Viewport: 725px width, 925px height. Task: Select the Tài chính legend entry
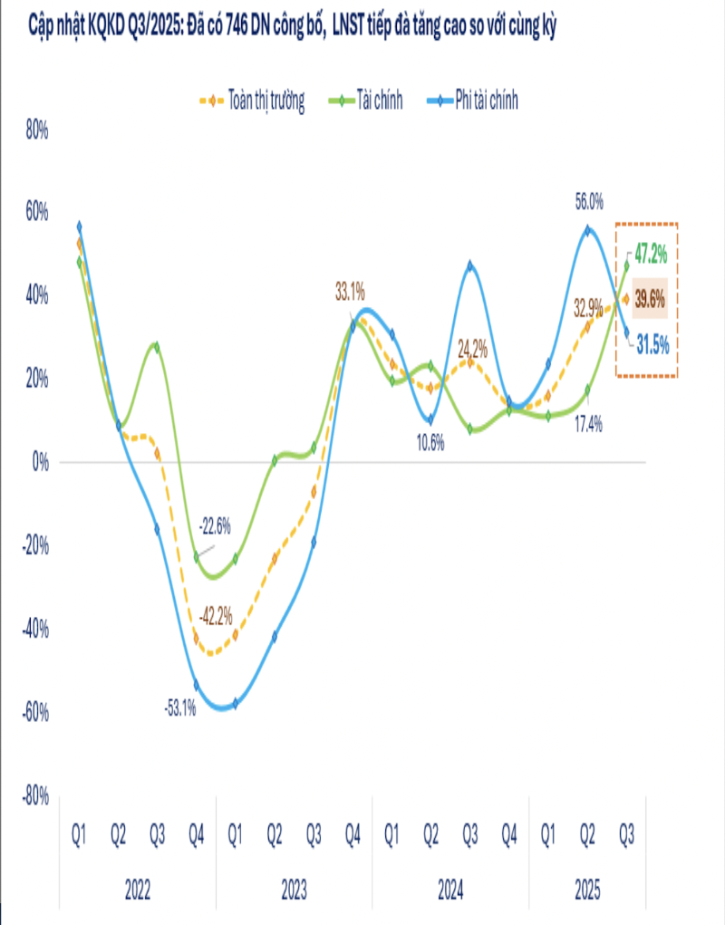(381, 101)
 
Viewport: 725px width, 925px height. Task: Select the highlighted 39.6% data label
(650, 300)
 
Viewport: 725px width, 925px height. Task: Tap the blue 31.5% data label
(651, 344)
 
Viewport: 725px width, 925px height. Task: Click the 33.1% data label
(350, 292)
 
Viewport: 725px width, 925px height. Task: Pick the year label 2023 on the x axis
(293, 891)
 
